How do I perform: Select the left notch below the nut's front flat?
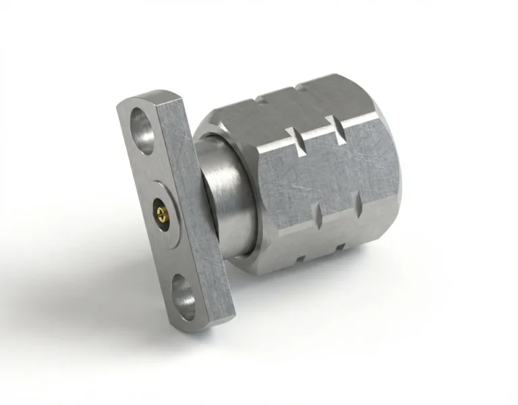[319, 220]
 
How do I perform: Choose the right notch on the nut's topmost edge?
[297, 86]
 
